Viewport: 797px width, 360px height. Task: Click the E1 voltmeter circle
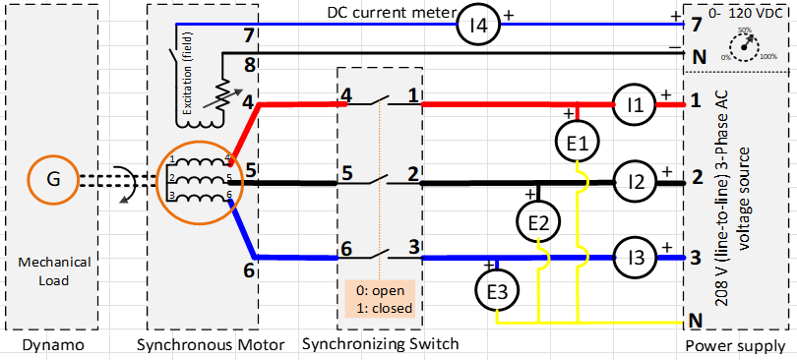coord(579,144)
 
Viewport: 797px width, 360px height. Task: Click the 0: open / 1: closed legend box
coord(382,298)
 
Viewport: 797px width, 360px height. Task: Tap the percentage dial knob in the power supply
coord(745,45)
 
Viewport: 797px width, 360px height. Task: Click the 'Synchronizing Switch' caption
coord(380,344)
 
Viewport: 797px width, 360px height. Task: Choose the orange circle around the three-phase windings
coord(201,179)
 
